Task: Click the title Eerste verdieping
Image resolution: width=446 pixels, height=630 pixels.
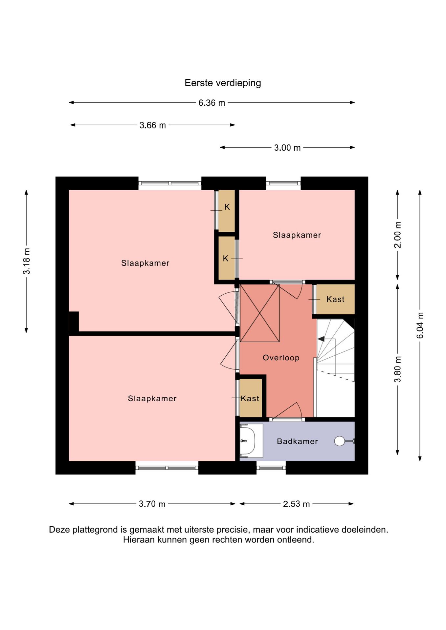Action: click(223, 83)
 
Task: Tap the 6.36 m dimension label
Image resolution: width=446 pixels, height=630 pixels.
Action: click(212, 103)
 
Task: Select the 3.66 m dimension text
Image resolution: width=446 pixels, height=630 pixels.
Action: click(153, 125)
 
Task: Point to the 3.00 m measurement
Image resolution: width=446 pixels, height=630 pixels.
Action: click(287, 148)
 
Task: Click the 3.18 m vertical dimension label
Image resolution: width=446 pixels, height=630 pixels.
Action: click(27, 261)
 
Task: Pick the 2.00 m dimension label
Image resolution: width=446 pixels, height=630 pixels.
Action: click(397, 235)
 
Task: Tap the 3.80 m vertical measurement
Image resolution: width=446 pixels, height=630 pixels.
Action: click(397, 369)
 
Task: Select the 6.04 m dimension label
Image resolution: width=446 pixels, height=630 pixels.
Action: click(420, 325)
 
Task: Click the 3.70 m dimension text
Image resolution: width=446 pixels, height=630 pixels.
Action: click(152, 504)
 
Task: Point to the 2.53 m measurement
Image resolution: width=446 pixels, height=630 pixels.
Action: click(297, 504)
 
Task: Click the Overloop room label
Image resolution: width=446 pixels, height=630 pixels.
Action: click(281, 358)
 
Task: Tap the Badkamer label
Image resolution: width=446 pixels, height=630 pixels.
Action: click(298, 441)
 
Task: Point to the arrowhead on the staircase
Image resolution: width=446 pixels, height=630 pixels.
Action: click(321, 339)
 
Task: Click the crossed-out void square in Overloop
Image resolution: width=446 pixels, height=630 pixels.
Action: click(260, 313)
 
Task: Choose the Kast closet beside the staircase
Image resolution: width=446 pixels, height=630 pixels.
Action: click(335, 299)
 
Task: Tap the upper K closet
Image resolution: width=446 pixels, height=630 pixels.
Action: click(227, 211)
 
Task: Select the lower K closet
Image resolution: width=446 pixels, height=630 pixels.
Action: click(227, 258)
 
